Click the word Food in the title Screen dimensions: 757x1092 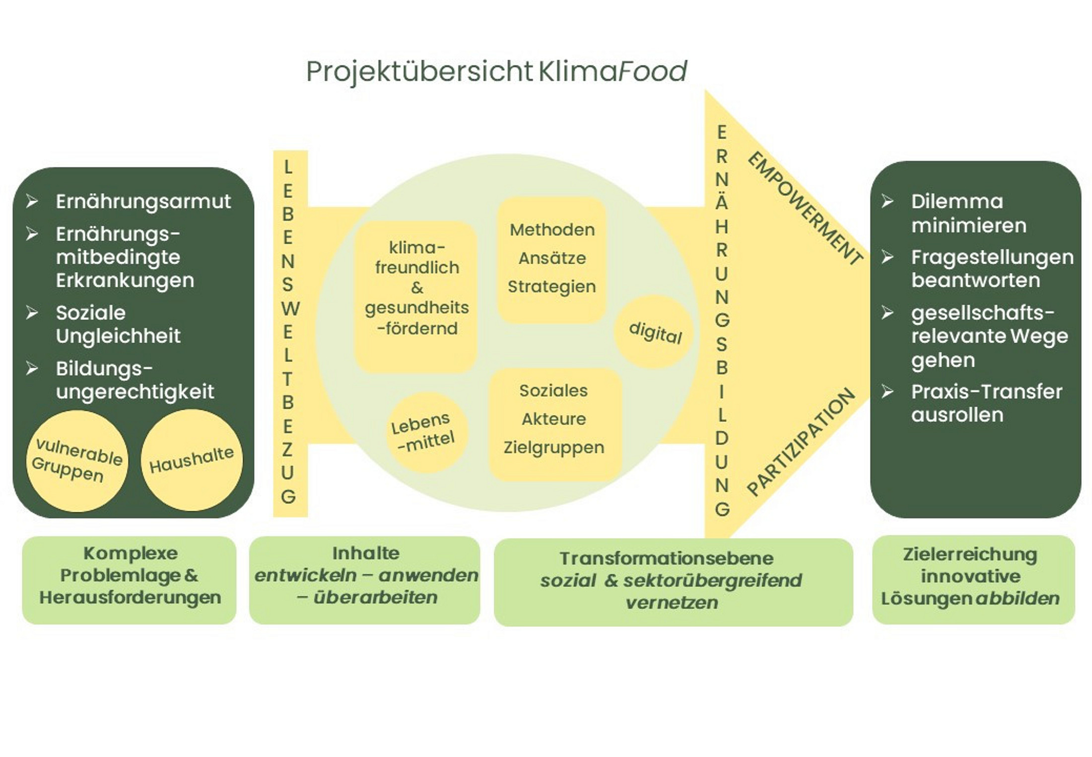click(x=653, y=71)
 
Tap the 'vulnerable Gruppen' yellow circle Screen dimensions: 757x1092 click(x=77, y=460)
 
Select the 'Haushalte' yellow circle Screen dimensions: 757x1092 click(x=192, y=460)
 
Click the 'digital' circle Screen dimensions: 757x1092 click(x=655, y=332)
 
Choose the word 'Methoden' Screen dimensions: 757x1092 click(x=552, y=230)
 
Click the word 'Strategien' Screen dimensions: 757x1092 click(x=552, y=286)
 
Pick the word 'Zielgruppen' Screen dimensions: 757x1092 click(x=554, y=447)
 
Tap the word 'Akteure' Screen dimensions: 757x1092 click(x=554, y=419)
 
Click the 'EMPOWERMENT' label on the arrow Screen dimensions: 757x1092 click(x=804, y=208)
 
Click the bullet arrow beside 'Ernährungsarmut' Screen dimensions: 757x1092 click(x=32, y=202)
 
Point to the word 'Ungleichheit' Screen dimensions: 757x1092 click(x=118, y=336)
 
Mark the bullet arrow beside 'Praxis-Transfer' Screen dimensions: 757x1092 click(x=887, y=392)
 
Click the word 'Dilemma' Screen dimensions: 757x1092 click(x=957, y=202)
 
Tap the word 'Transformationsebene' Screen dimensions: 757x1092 click(x=667, y=558)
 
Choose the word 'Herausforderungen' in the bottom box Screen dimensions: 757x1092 click(x=130, y=597)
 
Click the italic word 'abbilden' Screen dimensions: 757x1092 click(x=1018, y=598)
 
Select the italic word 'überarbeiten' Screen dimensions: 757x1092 click(x=375, y=597)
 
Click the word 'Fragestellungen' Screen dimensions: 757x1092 click(x=992, y=257)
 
